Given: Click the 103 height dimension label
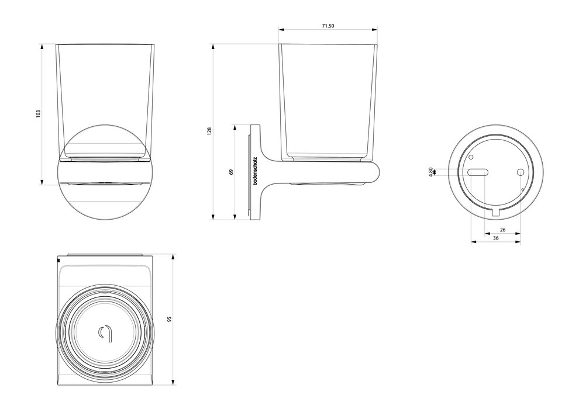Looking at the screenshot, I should pyautogui.click(x=37, y=114).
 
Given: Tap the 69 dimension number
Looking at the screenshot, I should pyautogui.click(x=231, y=172).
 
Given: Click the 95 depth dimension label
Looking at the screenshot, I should pyautogui.click(x=170, y=319).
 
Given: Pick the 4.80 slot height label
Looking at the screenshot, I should pyautogui.click(x=431, y=172).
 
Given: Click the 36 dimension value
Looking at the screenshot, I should pyautogui.click(x=495, y=238).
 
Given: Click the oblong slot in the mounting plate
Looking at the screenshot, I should pyautogui.click(x=478, y=172).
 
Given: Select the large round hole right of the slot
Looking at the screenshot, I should pyautogui.click(x=519, y=172).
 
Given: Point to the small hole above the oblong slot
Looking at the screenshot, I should pyautogui.click(x=471, y=158).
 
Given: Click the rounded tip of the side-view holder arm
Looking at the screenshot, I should pyautogui.click(x=378, y=172).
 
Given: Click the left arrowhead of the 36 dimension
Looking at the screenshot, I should pyautogui.click(x=471, y=242).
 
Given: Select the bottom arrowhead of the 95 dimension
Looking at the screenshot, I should pyautogui.click(x=174, y=383).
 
